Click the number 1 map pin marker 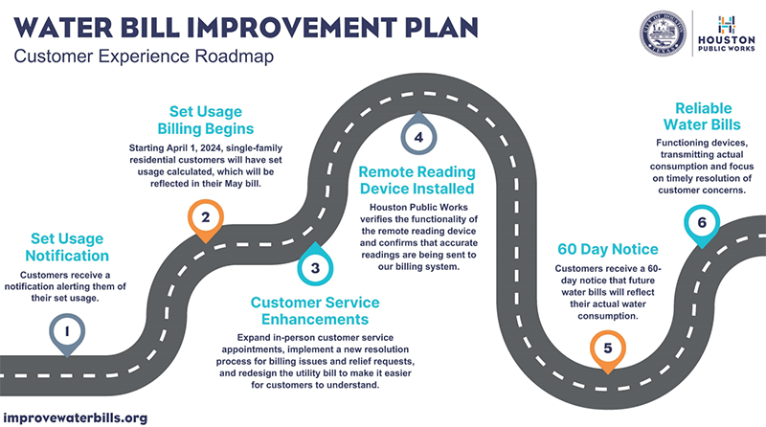[x=67, y=331]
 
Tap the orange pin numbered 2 [x=205, y=218]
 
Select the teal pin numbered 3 [x=314, y=267]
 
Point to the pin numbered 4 [x=418, y=137]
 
